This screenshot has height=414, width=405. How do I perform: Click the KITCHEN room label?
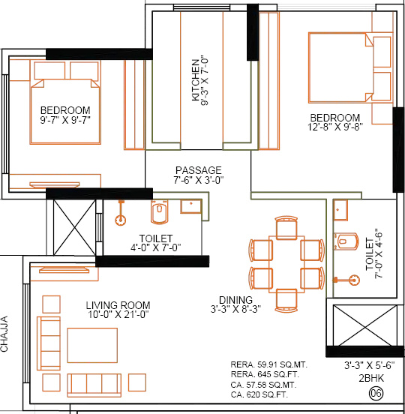196,79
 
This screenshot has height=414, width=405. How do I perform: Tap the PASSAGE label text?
198,170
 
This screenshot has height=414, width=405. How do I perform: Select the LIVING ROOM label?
118,305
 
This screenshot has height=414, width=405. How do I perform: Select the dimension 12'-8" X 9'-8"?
335,129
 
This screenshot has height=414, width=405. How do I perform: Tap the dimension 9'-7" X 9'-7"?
65,121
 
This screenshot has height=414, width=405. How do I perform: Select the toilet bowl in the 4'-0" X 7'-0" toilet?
157,214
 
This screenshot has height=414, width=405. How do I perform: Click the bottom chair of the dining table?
286,298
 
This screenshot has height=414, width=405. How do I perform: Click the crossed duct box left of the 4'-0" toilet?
73,227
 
